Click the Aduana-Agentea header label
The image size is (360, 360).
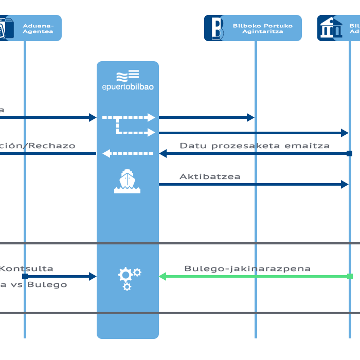[x=38, y=28]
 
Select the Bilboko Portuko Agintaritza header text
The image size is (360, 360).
[x=262, y=28]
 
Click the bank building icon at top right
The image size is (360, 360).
[x=330, y=28]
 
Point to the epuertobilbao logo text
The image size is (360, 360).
[x=128, y=86]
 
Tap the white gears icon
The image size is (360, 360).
[x=129, y=278]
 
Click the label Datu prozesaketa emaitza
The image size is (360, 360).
[x=255, y=146]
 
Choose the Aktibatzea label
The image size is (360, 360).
[x=210, y=176]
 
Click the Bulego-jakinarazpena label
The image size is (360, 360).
[x=247, y=268]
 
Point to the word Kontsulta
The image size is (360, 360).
[x=27, y=268]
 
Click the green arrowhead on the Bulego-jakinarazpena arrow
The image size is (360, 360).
[x=163, y=277]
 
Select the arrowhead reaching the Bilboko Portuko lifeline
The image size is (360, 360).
[x=250, y=118]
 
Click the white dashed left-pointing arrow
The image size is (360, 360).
[x=106, y=153]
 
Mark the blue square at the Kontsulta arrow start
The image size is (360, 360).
[x=25, y=277]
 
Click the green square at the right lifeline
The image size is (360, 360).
[x=350, y=277]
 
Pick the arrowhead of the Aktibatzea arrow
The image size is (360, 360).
[x=345, y=184]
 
